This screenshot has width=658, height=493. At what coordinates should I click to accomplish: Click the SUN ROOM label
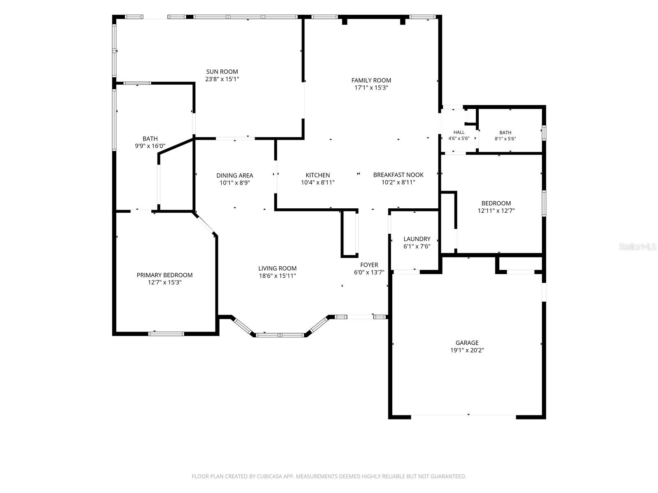coord(222,71)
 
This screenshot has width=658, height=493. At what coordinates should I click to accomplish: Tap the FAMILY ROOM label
coord(371,80)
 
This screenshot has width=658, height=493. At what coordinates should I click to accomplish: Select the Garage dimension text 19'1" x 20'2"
coord(467,350)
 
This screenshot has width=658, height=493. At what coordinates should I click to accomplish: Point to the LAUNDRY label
coord(417,239)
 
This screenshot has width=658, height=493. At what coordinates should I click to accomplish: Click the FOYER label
coord(369,265)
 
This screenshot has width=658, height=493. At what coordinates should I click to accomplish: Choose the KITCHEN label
coord(318,175)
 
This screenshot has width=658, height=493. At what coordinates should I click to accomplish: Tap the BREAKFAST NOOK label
coord(398,175)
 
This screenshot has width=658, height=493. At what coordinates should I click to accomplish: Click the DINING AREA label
coord(235,175)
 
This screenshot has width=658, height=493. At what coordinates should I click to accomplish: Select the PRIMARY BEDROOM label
coord(164,275)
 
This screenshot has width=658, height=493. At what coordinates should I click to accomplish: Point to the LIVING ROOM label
coord(277,269)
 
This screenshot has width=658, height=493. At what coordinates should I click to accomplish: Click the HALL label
coord(459,132)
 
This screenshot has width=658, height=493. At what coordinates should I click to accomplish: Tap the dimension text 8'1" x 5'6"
coord(505,139)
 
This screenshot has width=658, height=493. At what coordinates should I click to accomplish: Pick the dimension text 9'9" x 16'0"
coord(150,146)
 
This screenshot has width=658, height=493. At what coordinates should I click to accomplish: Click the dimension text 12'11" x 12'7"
coord(496,211)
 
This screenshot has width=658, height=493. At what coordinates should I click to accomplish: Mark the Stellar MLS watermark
coord(637,247)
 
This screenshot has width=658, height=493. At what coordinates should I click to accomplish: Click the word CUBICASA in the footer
coord(269,476)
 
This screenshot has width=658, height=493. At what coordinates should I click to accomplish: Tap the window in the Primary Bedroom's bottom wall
coord(166,334)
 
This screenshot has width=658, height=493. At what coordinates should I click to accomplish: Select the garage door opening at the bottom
coord(463,417)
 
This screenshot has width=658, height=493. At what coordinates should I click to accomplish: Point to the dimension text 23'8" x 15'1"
coord(222,79)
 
